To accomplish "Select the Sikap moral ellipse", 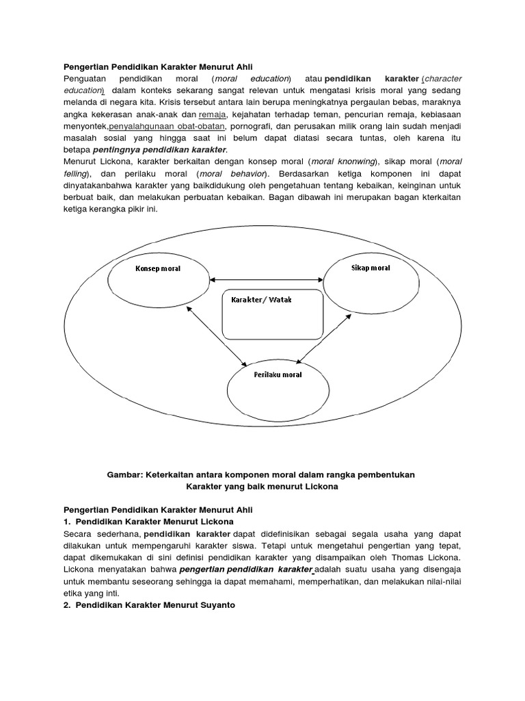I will pyautogui.click(x=368, y=276).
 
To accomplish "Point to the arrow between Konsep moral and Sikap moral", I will pyautogui.click(x=267, y=279).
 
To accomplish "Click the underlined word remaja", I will pyautogui.click(x=212, y=114).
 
